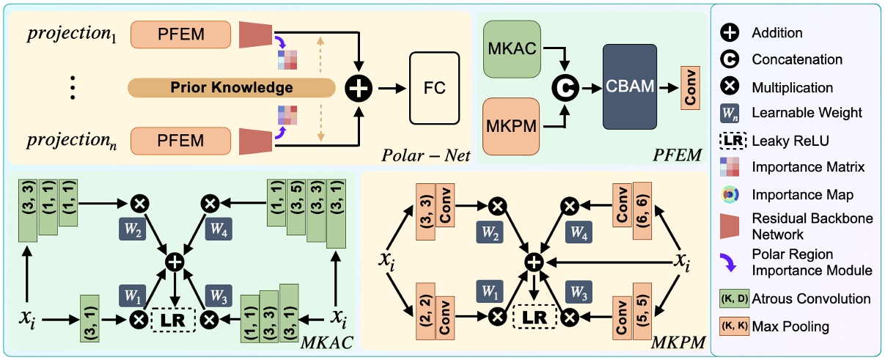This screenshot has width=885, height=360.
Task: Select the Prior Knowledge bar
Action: [232, 88]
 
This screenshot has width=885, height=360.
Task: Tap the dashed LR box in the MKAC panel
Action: [173, 320]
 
